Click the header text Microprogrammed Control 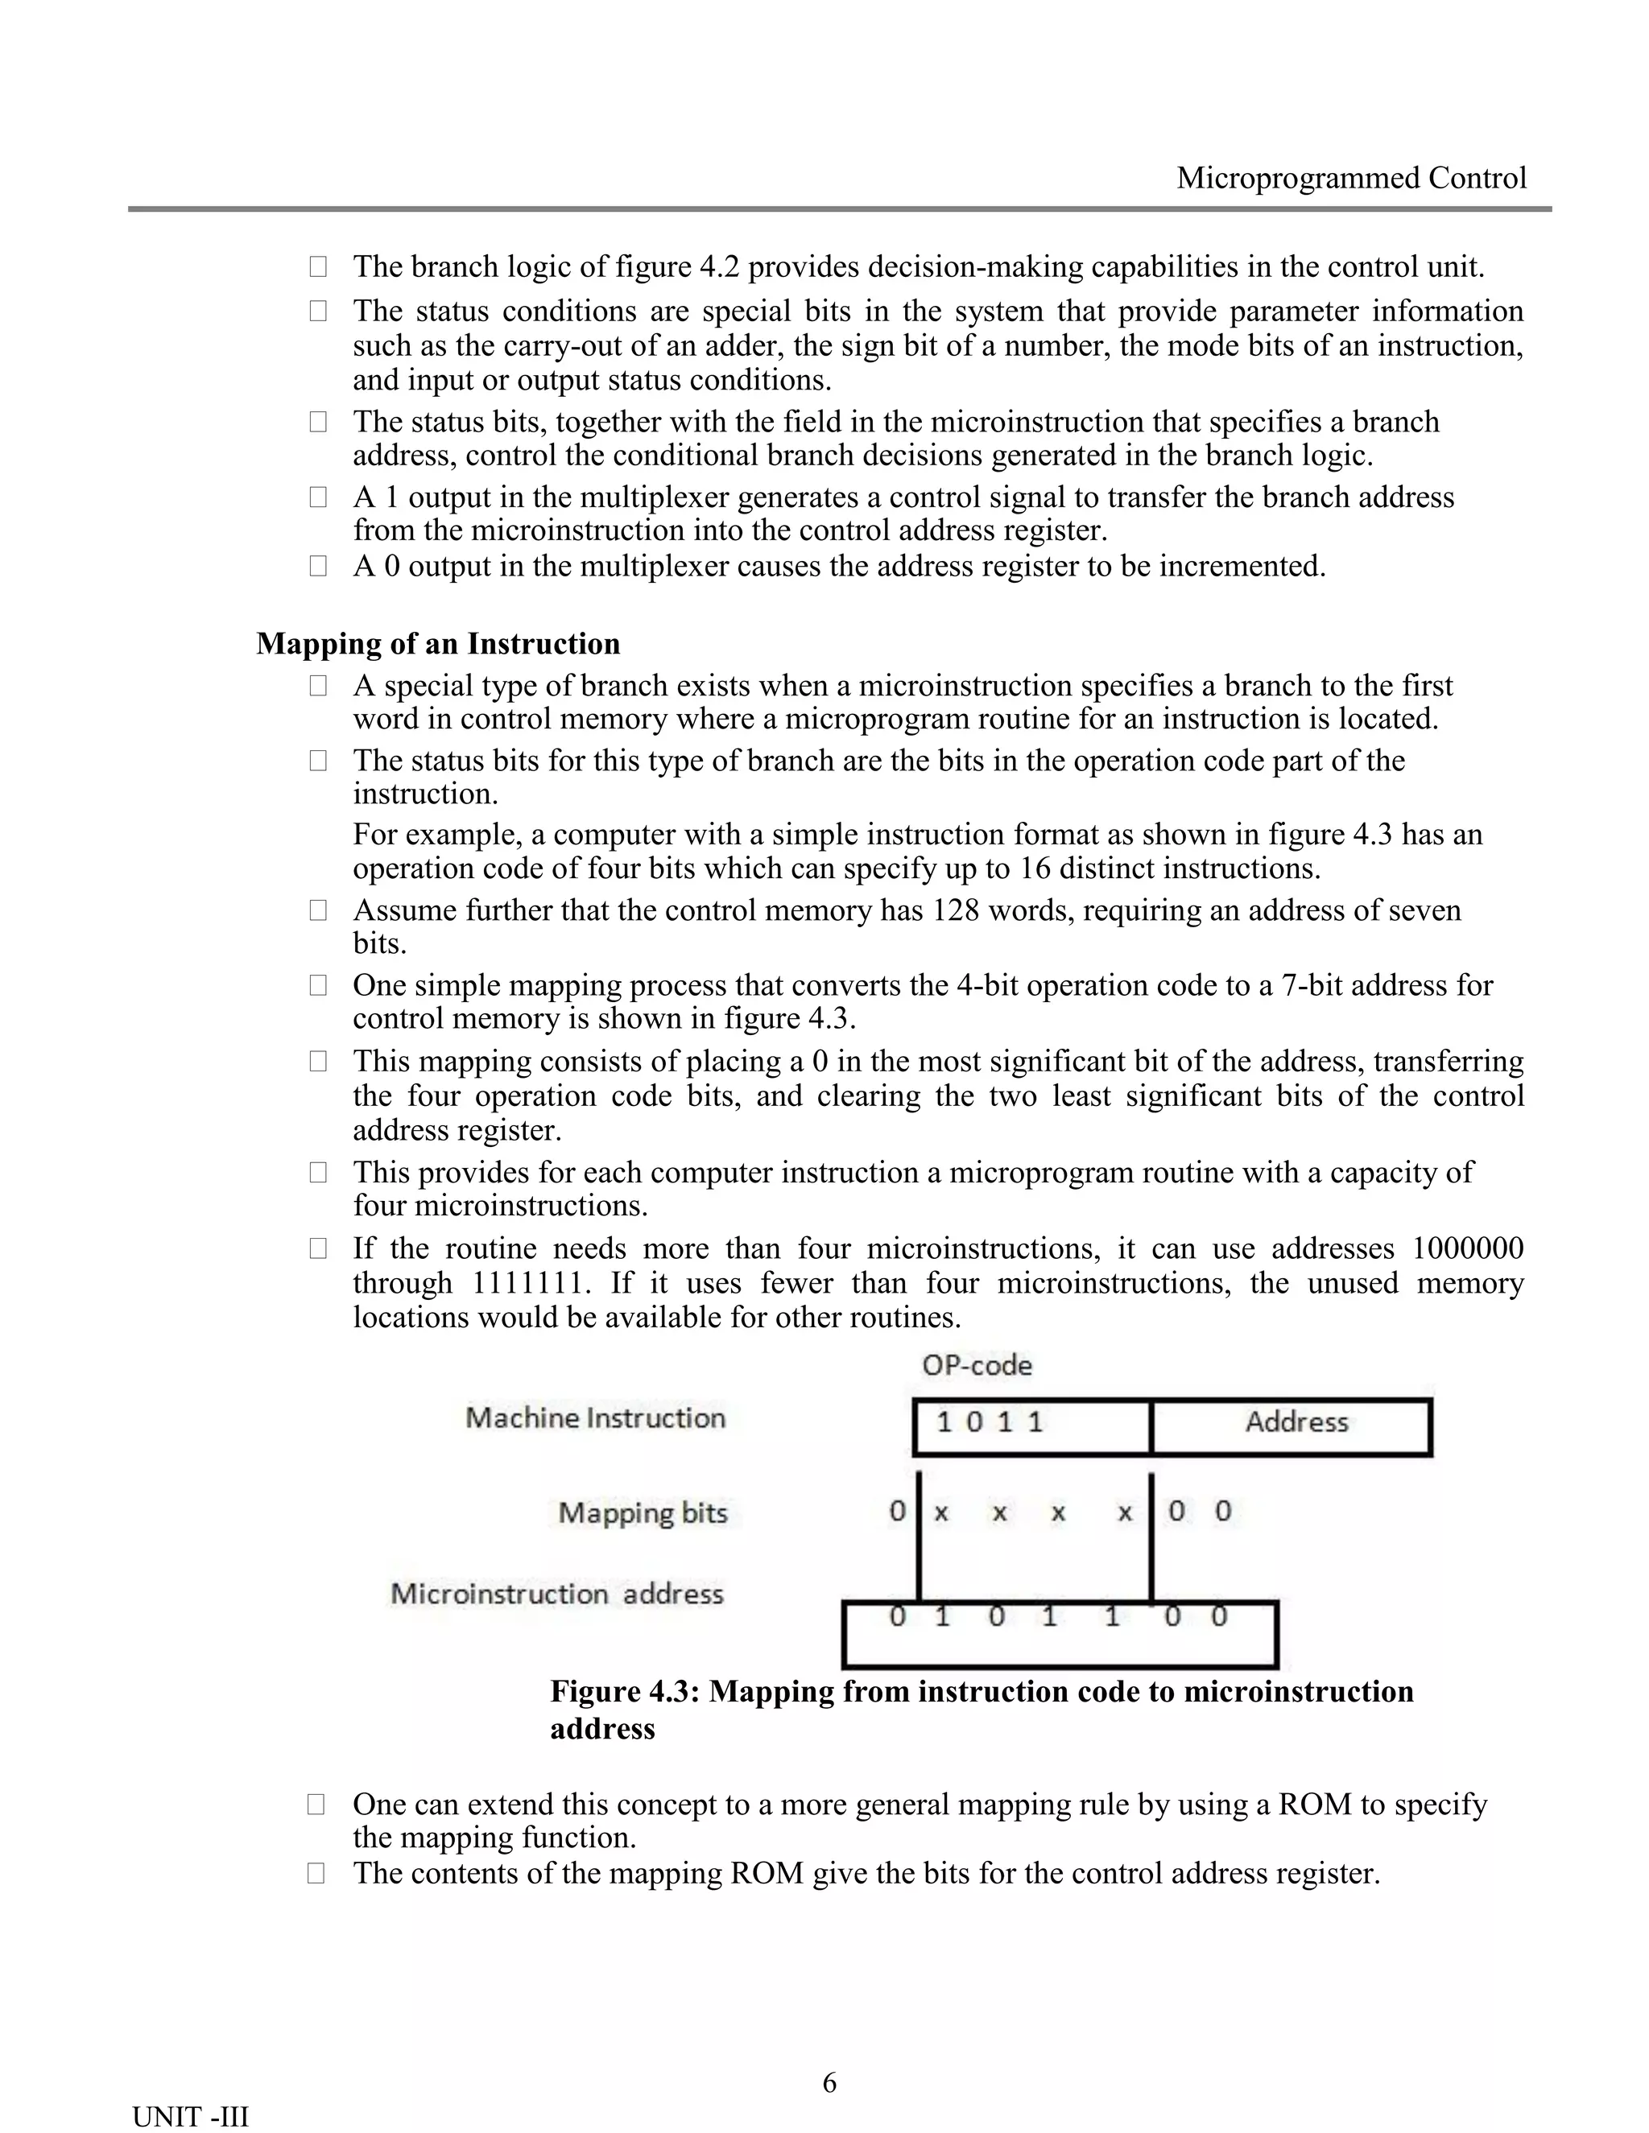1350,178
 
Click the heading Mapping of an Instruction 438,644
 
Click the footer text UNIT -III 191,2116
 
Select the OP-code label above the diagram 976,1364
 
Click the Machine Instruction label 595,1417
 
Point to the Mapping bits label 643,1513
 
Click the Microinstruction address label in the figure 557,1593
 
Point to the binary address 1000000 1467,1248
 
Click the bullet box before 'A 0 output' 319,567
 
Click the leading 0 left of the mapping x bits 897,1512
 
